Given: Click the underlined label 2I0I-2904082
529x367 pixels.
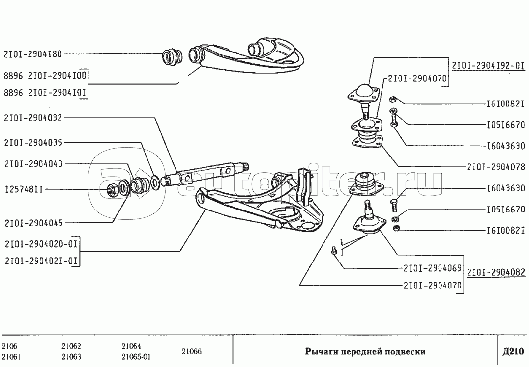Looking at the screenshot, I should click(x=496, y=273).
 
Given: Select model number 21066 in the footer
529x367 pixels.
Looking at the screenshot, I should click(x=191, y=351).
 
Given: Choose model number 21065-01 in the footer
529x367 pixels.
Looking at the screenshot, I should click(x=136, y=357).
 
